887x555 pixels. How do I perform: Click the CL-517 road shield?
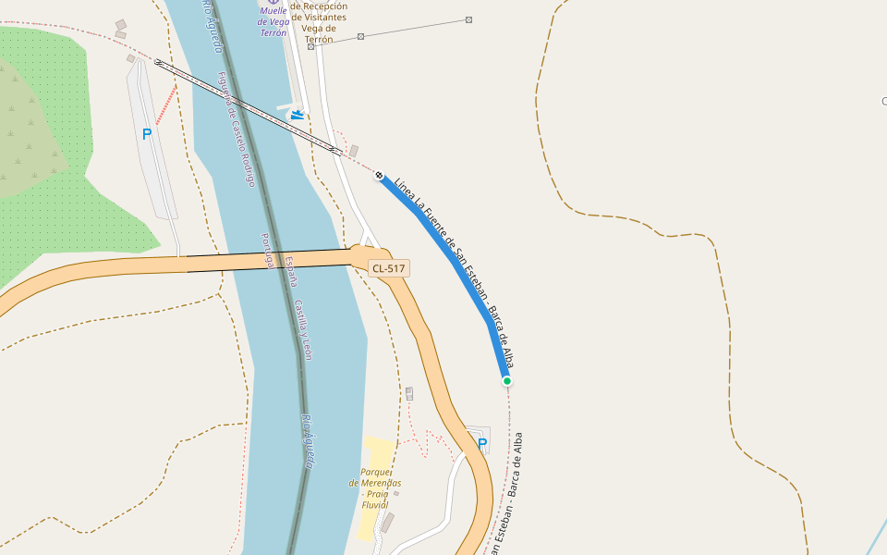388,268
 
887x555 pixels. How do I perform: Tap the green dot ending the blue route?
506,380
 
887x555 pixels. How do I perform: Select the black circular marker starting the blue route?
379,175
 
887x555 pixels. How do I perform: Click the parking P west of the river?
147,134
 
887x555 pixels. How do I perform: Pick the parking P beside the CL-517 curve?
482,444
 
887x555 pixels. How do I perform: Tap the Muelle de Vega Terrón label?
273,21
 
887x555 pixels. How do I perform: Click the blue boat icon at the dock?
297,115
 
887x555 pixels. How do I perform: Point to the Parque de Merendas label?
375,483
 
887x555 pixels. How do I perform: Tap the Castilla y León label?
304,328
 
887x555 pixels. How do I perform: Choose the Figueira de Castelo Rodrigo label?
236,129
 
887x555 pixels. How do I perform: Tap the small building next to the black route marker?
353,150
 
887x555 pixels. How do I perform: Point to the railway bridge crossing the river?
249,105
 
